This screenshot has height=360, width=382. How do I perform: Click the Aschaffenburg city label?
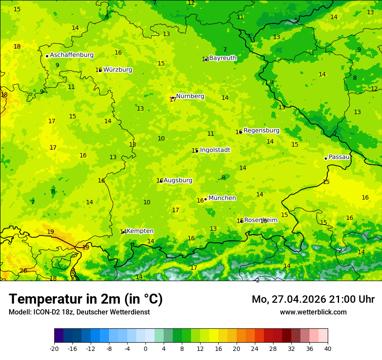click(72, 55)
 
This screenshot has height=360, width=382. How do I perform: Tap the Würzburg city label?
click(118, 70)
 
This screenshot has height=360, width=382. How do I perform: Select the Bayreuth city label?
click(223, 58)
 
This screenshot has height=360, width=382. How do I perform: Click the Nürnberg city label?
click(190, 96)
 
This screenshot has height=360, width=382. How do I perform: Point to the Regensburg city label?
click(261, 131)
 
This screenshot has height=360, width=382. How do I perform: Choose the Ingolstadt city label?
click(215, 150)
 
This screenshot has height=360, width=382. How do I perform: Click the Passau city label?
click(339, 157)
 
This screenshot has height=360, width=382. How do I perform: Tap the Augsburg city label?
click(178, 180)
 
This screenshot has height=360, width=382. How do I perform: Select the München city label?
click(222, 198)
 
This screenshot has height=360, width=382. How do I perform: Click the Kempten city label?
click(140, 231)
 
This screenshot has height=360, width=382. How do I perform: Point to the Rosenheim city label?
click(260, 220)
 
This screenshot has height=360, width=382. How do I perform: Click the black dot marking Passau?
click(326, 158)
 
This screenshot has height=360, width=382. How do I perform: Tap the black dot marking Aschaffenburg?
click(47, 56)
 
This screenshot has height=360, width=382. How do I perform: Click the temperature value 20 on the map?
click(23, 271)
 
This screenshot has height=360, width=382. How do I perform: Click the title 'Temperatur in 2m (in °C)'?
click(86, 299)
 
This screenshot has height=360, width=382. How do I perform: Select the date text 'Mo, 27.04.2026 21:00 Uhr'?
click(313, 300)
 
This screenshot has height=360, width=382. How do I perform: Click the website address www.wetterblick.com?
click(313, 312)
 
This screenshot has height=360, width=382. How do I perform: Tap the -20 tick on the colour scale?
click(54, 349)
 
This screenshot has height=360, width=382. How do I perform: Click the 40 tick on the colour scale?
click(327, 349)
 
